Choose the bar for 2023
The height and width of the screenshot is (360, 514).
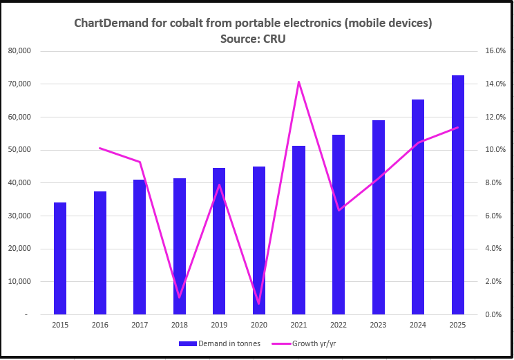pyautogui.click(x=378, y=217)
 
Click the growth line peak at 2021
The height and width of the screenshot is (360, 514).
pyautogui.click(x=298, y=82)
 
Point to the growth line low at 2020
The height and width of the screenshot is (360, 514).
pyautogui.click(x=258, y=304)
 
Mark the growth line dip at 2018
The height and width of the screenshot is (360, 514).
pyautogui.click(x=180, y=297)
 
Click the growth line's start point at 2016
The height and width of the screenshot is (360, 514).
pyautogui.click(x=100, y=148)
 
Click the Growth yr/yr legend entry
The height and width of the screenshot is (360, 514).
pyautogui.click(x=312, y=343)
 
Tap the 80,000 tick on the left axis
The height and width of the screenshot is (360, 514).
pyautogui.click(x=30, y=51)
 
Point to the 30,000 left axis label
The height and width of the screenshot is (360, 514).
pyautogui.click(x=30, y=216)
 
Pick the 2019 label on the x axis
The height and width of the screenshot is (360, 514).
pyautogui.click(x=219, y=325)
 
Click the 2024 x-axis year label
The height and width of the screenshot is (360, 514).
pyautogui.click(x=418, y=325)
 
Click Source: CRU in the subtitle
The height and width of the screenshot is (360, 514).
pyautogui.click(x=253, y=39)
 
